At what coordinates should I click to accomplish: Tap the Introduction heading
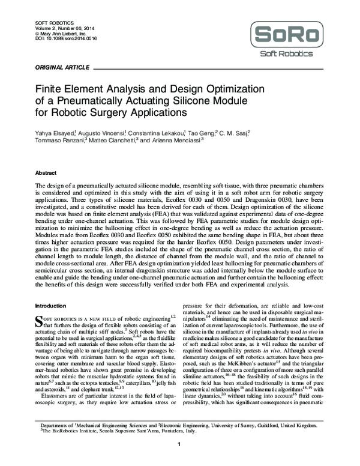coord(52,306)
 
